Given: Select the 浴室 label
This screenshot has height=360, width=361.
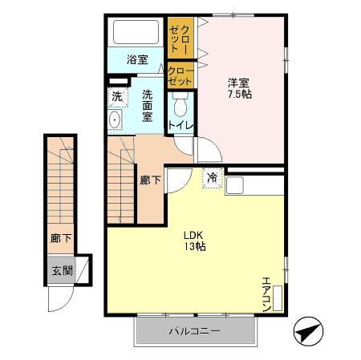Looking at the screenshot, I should (x=137, y=59).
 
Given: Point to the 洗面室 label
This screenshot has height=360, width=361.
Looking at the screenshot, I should (x=148, y=104).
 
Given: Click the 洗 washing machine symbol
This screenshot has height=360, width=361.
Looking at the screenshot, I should (x=117, y=96).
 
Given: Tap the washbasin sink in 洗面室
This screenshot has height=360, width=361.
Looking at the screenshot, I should (x=116, y=121).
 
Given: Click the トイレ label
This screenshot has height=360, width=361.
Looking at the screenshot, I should (x=178, y=125).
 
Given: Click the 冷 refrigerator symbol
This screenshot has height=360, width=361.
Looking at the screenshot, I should (x=212, y=177).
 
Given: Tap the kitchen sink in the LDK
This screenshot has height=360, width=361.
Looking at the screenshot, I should (x=234, y=185).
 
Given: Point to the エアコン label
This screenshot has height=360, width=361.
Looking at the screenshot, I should (x=266, y=293).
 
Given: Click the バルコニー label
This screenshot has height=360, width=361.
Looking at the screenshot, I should (x=194, y=331).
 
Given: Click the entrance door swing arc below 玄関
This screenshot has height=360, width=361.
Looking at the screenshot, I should (x=61, y=301).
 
